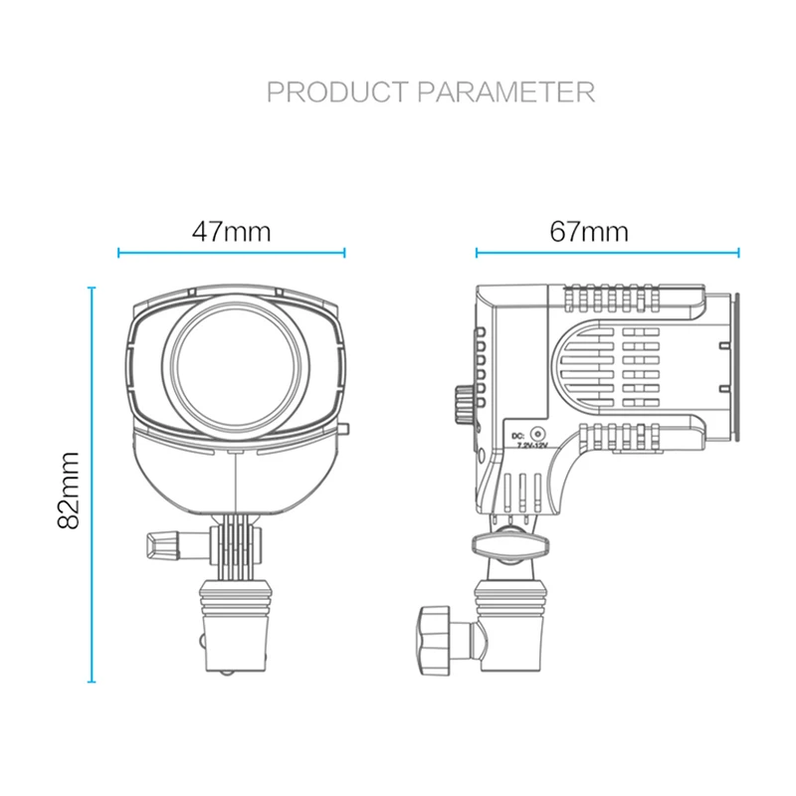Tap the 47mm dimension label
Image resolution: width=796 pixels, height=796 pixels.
click(x=232, y=231)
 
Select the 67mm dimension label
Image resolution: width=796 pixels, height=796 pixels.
click(x=589, y=231)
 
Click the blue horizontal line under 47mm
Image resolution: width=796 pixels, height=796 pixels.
click(x=232, y=253)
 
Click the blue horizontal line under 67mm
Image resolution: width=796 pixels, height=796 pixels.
click(x=608, y=253)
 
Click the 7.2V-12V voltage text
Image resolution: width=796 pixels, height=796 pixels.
click(x=532, y=449)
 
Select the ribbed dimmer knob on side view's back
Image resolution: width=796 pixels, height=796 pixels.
click(x=464, y=402)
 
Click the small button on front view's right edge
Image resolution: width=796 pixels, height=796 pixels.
click(x=344, y=430)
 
